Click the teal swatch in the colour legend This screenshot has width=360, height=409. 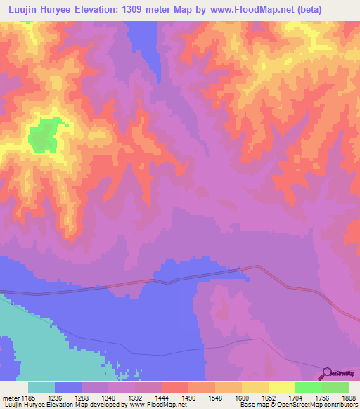point(41,387)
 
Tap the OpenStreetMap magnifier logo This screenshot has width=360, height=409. point(326,372)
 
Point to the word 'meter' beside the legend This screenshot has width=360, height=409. point(9,397)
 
